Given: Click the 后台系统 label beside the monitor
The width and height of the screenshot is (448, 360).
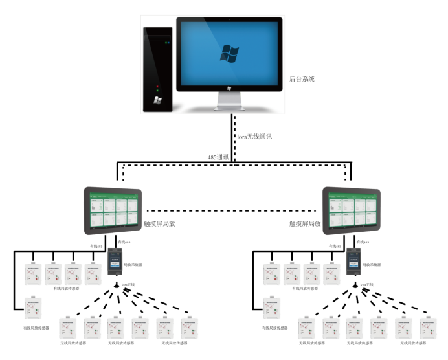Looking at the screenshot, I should pyautogui.click(x=302, y=79).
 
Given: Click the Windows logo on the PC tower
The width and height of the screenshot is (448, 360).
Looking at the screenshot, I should pyautogui.click(x=157, y=100).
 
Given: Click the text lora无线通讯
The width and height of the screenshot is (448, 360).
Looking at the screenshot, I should pyautogui.click(x=256, y=137).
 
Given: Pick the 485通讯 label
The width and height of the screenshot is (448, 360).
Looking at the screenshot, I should pyautogui.click(x=217, y=157).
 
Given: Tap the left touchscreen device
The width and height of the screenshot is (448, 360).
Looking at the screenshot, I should pyautogui.click(x=113, y=210).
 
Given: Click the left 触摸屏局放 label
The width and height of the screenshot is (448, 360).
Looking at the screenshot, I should pyautogui.click(x=159, y=223).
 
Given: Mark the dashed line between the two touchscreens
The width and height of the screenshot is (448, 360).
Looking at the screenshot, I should pyautogui.click(x=233, y=210).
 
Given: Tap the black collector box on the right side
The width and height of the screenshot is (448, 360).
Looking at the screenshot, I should pyautogui.click(x=353, y=262).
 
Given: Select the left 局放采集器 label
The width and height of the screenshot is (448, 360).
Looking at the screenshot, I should pyautogui.click(x=134, y=264).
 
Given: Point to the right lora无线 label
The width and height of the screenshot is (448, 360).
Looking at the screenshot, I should pyautogui.click(x=368, y=284).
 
